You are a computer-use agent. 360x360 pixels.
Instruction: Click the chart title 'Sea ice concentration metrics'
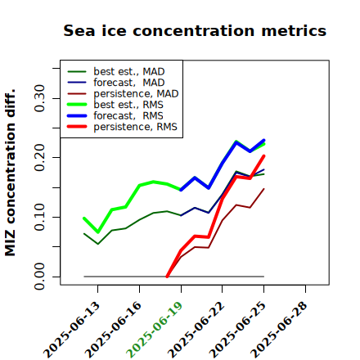195,30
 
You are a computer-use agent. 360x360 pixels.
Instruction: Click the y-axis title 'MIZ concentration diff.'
10,173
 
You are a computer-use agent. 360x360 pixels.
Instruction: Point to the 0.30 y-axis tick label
39,98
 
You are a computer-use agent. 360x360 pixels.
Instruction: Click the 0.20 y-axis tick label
39,157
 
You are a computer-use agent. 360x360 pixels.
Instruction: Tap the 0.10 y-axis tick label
39,217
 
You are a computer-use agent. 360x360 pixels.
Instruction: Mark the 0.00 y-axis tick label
39,277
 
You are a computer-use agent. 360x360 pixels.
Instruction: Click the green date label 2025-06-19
155,330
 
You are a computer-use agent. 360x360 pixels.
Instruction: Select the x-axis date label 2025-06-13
71,330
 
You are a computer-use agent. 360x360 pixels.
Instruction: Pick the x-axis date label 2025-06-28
279,330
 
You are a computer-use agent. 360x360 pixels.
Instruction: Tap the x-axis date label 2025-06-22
196,330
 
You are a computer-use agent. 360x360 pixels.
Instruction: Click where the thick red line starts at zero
167,277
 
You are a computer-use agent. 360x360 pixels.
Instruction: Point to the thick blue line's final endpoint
264,140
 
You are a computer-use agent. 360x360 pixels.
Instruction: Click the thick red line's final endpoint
264,155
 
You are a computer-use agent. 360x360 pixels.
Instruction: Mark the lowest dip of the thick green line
98,232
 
